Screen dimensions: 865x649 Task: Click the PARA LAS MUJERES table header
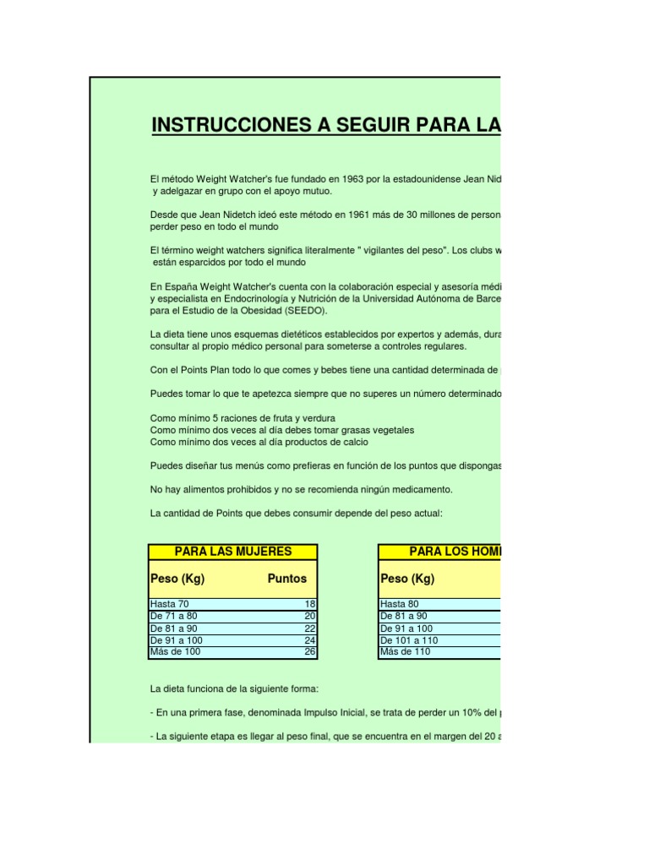pos(232,552)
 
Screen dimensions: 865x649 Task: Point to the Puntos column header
pos(286,579)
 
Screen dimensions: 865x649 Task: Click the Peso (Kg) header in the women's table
pos(177,579)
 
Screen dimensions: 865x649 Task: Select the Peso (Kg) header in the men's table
pos(408,579)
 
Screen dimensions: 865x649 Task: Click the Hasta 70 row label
pos(170,604)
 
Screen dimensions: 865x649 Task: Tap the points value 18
pos(309,604)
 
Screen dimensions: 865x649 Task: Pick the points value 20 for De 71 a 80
pos(309,617)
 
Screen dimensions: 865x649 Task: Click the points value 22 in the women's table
pos(309,628)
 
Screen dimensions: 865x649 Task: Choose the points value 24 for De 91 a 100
pos(309,640)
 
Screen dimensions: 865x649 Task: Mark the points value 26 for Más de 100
pos(309,651)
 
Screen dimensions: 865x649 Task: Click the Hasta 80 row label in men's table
pos(401,604)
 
